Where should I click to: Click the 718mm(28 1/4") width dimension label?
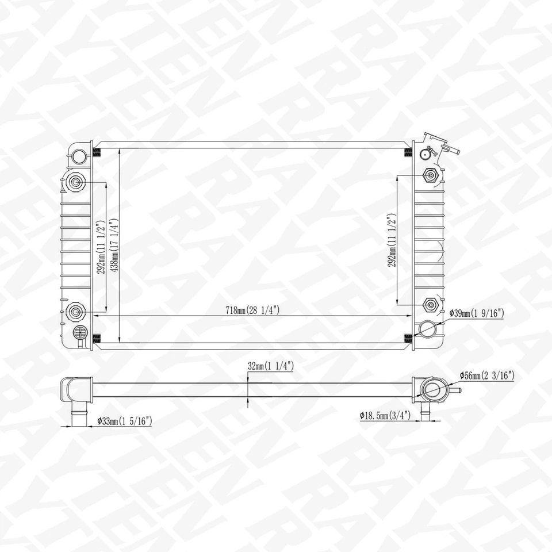(x=252, y=310)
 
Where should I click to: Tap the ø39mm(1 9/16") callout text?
(x=477, y=313)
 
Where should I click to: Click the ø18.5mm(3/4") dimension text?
(x=385, y=415)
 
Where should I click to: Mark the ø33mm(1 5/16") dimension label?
(x=124, y=421)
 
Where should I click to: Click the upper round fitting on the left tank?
(x=76, y=183)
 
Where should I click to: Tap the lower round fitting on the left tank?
(x=76, y=312)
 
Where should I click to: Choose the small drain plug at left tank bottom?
(x=80, y=332)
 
